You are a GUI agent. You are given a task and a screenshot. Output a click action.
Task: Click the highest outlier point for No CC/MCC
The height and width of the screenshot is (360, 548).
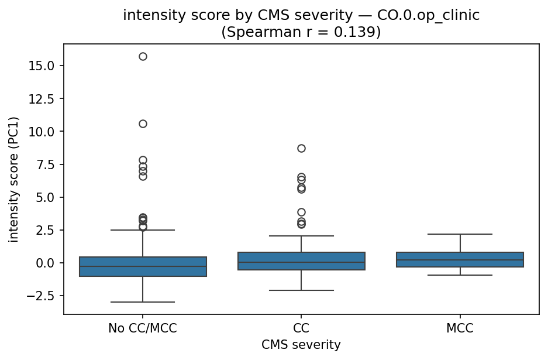[x=143, y=56]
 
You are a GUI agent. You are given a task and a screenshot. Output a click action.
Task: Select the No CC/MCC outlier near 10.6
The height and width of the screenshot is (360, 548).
[x=143, y=124]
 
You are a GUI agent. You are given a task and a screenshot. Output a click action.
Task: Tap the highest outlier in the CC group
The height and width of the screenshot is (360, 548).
[x=301, y=148]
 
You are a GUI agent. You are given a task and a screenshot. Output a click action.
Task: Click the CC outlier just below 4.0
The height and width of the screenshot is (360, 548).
[x=301, y=212]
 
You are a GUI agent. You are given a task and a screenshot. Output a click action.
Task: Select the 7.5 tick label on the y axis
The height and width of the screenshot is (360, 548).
[x=44, y=164]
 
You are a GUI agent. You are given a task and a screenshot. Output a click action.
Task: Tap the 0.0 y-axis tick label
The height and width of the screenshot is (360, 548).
[x=44, y=263]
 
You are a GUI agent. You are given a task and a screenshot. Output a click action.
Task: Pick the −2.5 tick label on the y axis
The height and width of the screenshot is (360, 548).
[x=42, y=296]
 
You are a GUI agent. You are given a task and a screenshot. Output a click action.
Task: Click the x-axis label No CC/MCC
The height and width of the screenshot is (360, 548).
[x=143, y=328]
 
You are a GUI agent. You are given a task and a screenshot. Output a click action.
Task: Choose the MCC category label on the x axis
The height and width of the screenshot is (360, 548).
[x=460, y=328]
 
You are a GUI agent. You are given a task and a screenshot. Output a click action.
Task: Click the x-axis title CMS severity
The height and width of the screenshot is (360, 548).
[x=301, y=345]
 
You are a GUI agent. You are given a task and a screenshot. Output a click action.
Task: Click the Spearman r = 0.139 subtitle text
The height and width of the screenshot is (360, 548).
[x=301, y=32]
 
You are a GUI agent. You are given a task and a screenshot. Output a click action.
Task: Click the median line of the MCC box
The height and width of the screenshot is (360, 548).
[x=460, y=260]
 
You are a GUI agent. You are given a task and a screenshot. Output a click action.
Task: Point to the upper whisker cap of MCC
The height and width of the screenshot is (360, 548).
[x=460, y=234]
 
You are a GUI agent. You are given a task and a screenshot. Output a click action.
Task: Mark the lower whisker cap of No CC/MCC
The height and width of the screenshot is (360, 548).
[x=143, y=302]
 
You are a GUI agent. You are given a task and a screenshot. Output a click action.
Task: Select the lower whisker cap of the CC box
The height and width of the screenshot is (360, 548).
[x=301, y=290]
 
